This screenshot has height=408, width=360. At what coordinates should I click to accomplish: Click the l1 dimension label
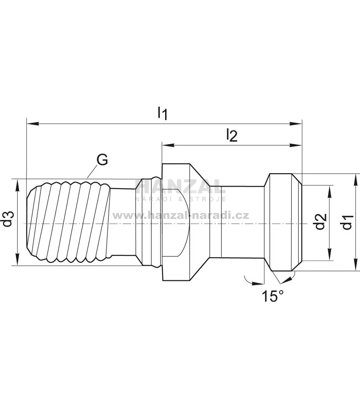point(162,113)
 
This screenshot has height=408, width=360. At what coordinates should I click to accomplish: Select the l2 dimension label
point(232,135)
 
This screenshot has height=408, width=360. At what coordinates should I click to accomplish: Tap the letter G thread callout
point(102,160)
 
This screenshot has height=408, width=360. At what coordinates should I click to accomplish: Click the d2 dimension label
point(320,221)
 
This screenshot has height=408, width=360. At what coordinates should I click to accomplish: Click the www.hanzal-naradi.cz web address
point(181,216)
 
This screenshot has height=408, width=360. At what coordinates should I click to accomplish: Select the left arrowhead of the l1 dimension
point(33,123)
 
